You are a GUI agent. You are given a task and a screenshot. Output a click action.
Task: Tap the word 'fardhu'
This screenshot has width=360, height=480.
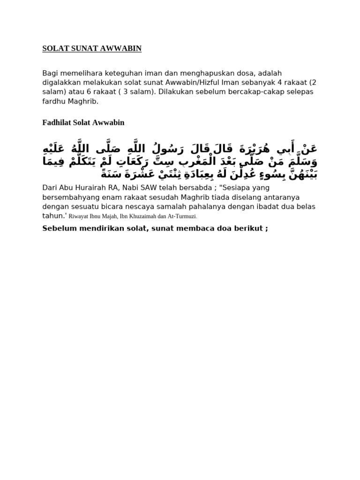(53, 101)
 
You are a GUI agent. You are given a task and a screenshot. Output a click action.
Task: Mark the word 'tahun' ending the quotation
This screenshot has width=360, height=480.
(52, 216)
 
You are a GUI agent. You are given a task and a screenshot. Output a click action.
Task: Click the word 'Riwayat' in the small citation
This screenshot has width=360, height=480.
(78, 217)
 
